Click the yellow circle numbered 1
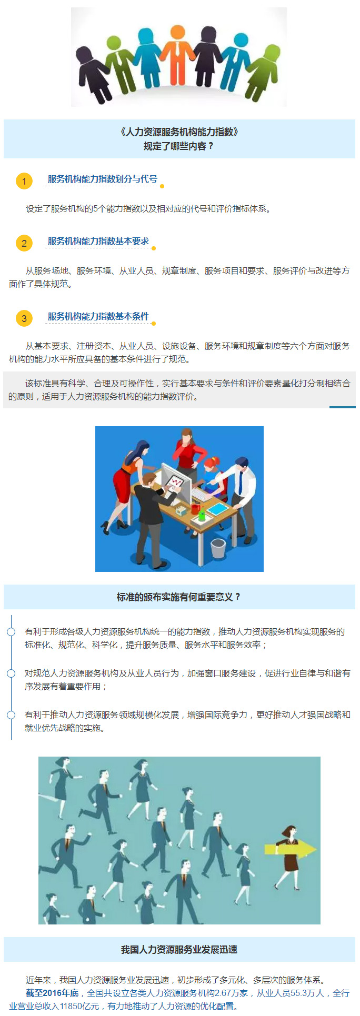[24, 181]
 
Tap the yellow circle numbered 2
[24, 243]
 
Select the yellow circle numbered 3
[24, 318]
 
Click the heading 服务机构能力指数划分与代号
[102, 179]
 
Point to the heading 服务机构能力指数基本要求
[98, 241]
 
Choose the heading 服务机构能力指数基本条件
[98, 316]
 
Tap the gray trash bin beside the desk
[218, 548]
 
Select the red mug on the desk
[195, 509]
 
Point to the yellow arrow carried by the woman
[289, 849]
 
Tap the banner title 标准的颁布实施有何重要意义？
[179, 597]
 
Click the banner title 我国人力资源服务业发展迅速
[179, 949]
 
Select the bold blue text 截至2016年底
[52, 993]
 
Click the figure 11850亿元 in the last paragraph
[79, 1006]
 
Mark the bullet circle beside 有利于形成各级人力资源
[11, 631]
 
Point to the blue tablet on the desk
[216, 509]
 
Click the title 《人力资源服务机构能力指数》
[179, 132]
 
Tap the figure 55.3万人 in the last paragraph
[308, 993]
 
